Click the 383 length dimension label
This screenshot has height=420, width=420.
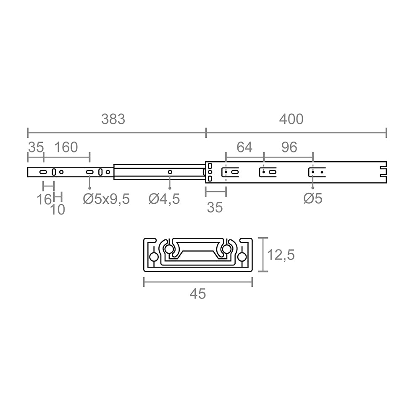pyautogui.click(x=113, y=119)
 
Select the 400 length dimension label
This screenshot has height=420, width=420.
pyautogui.click(x=291, y=119)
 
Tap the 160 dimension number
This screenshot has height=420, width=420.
pyautogui.click(x=66, y=147)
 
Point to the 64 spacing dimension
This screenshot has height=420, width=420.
pyautogui.click(x=244, y=147)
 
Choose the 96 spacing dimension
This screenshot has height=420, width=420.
pyautogui.click(x=289, y=147)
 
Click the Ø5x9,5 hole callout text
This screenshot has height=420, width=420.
pyautogui.click(x=106, y=199)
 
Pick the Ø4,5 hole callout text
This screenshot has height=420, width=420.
pyautogui.click(x=164, y=199)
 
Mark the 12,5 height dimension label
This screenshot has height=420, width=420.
pyautogui.click(x=281, y=255)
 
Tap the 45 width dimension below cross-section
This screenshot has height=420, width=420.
pyautogui.click(x=198, y=294)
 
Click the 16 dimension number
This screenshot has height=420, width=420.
pyautogui.click(x=44, y=199)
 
